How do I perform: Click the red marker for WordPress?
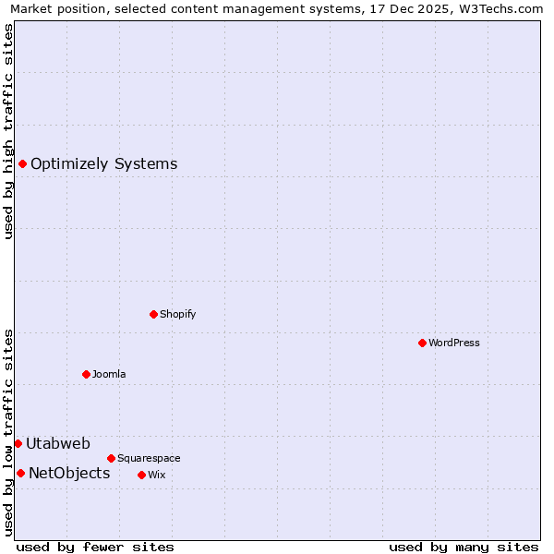(x=422, y=343)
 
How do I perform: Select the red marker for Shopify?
(x=153, y=314)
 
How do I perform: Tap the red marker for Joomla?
(x=86, y=374)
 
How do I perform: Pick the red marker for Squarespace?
(x=111, y=458)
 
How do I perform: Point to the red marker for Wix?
(x=141, y=475)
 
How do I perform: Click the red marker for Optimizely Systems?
(x=22, y=164)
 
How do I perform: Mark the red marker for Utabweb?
(x=18, y=444)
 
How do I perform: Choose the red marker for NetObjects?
(x=20, y=474)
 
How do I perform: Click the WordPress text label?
(x=454, y=343)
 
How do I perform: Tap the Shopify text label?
(x=178, y=314)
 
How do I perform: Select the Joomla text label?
(x=109, y=374)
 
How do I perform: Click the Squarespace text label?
(x=149, y=458)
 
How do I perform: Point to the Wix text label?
(x=156, y=475)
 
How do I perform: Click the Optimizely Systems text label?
(x=104, y=164)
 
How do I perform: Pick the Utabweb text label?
(x=58, y=444)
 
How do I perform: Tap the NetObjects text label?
(x=69, y=474)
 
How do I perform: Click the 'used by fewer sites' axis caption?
(x=95, y=547)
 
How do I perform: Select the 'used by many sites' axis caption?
(x=464, y=547)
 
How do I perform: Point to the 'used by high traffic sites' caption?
(x=9, y=131)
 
